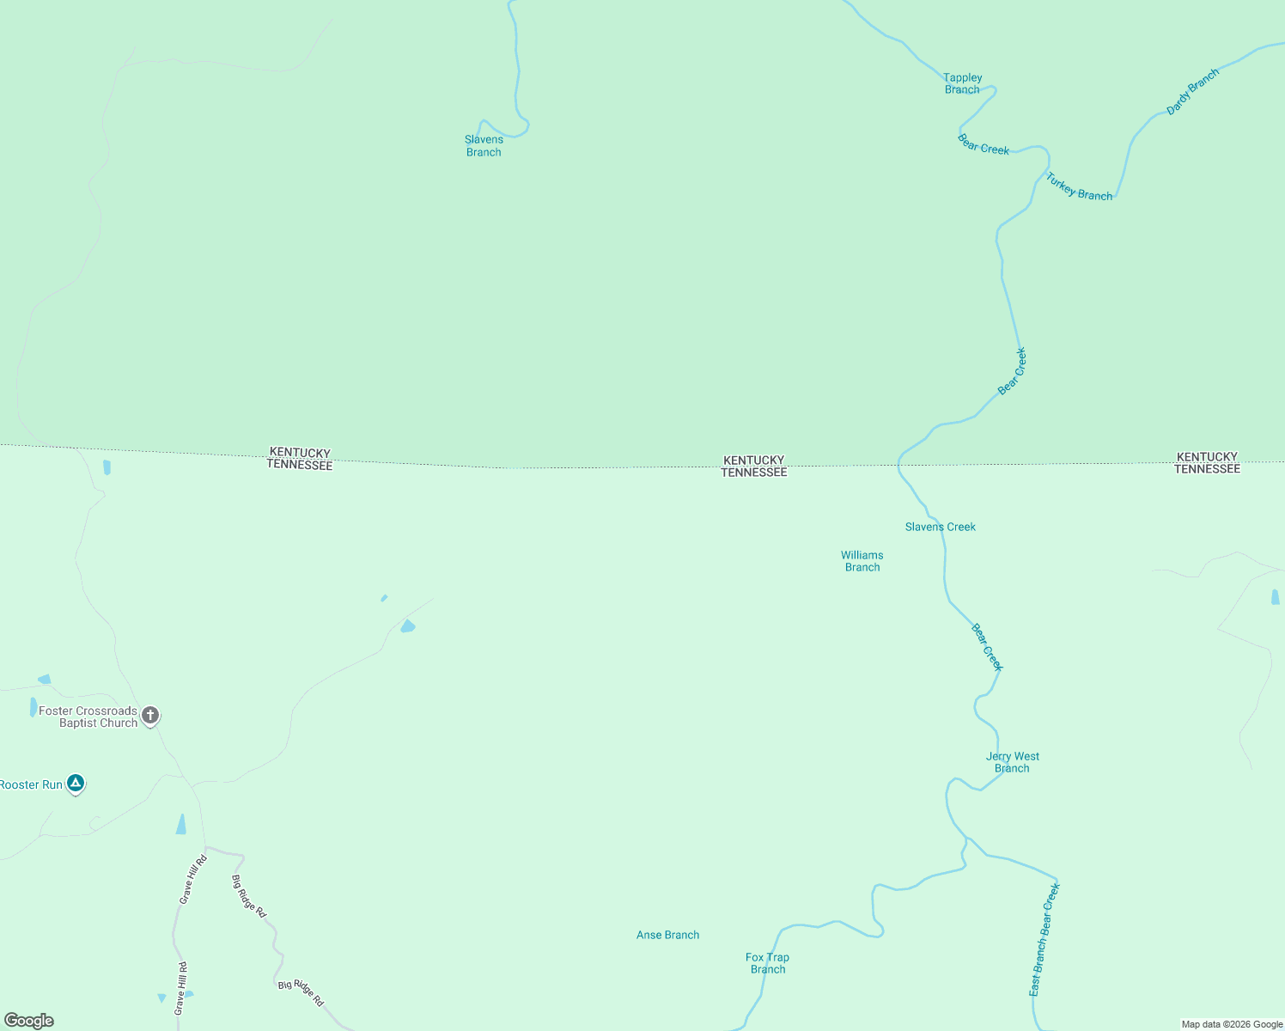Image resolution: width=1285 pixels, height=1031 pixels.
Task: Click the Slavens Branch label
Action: tap(484, 146)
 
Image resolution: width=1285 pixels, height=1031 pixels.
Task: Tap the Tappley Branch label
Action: tap(962, 83)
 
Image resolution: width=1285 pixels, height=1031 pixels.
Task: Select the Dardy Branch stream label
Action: tap(1192, 92)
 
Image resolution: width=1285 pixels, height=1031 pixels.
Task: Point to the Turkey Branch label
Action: tap(1079, 186)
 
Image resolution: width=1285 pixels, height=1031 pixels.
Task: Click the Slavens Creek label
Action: tap(940, 527)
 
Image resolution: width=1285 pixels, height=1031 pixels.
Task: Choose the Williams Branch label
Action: tap(862, 561)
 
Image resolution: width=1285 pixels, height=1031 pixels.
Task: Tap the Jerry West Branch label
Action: tap(1012, 762)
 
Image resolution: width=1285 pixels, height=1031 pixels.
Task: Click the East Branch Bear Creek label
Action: tap(1044, 939)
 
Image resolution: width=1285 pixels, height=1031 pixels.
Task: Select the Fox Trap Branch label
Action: tap(767, 963)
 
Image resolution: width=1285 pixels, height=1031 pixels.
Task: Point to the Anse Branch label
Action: tap(667, 935)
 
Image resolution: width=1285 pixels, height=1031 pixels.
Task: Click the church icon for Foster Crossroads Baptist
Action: tap(150, 715)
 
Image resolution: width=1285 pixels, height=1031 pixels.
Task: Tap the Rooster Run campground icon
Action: tap(76, 783)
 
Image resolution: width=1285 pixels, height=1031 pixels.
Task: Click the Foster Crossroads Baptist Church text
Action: tap(88, 717)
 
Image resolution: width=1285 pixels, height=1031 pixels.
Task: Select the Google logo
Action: tap(29, 1021)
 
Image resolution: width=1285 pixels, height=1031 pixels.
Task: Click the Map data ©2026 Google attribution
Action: tap(1232, 1024)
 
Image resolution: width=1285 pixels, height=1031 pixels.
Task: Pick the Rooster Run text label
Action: tap(31, 784)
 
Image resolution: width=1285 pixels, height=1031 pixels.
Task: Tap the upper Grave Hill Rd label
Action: tap(192, 879)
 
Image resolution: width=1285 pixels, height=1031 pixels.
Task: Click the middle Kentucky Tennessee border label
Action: tap(753, 467)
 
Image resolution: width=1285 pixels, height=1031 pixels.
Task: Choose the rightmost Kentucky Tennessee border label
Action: tap(1207, 463)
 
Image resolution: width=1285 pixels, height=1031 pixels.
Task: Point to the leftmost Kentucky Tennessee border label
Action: tap(299, 459)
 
